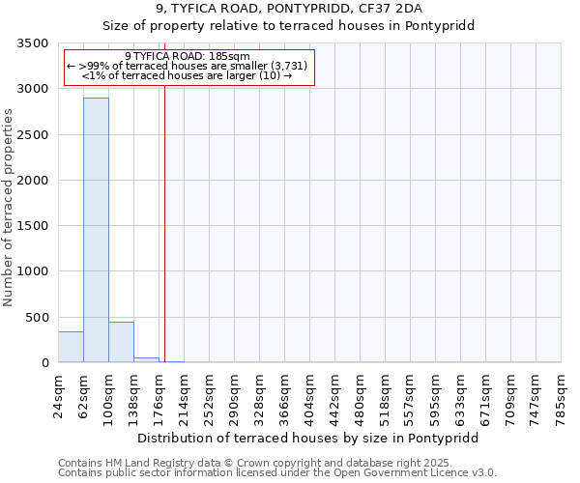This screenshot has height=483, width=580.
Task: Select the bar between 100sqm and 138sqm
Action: [121, 342]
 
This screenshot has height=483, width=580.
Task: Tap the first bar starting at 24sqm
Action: [71, 347]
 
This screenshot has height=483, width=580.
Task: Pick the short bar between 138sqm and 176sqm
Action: [146, 359]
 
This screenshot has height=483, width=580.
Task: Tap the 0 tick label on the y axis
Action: [44, 363]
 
